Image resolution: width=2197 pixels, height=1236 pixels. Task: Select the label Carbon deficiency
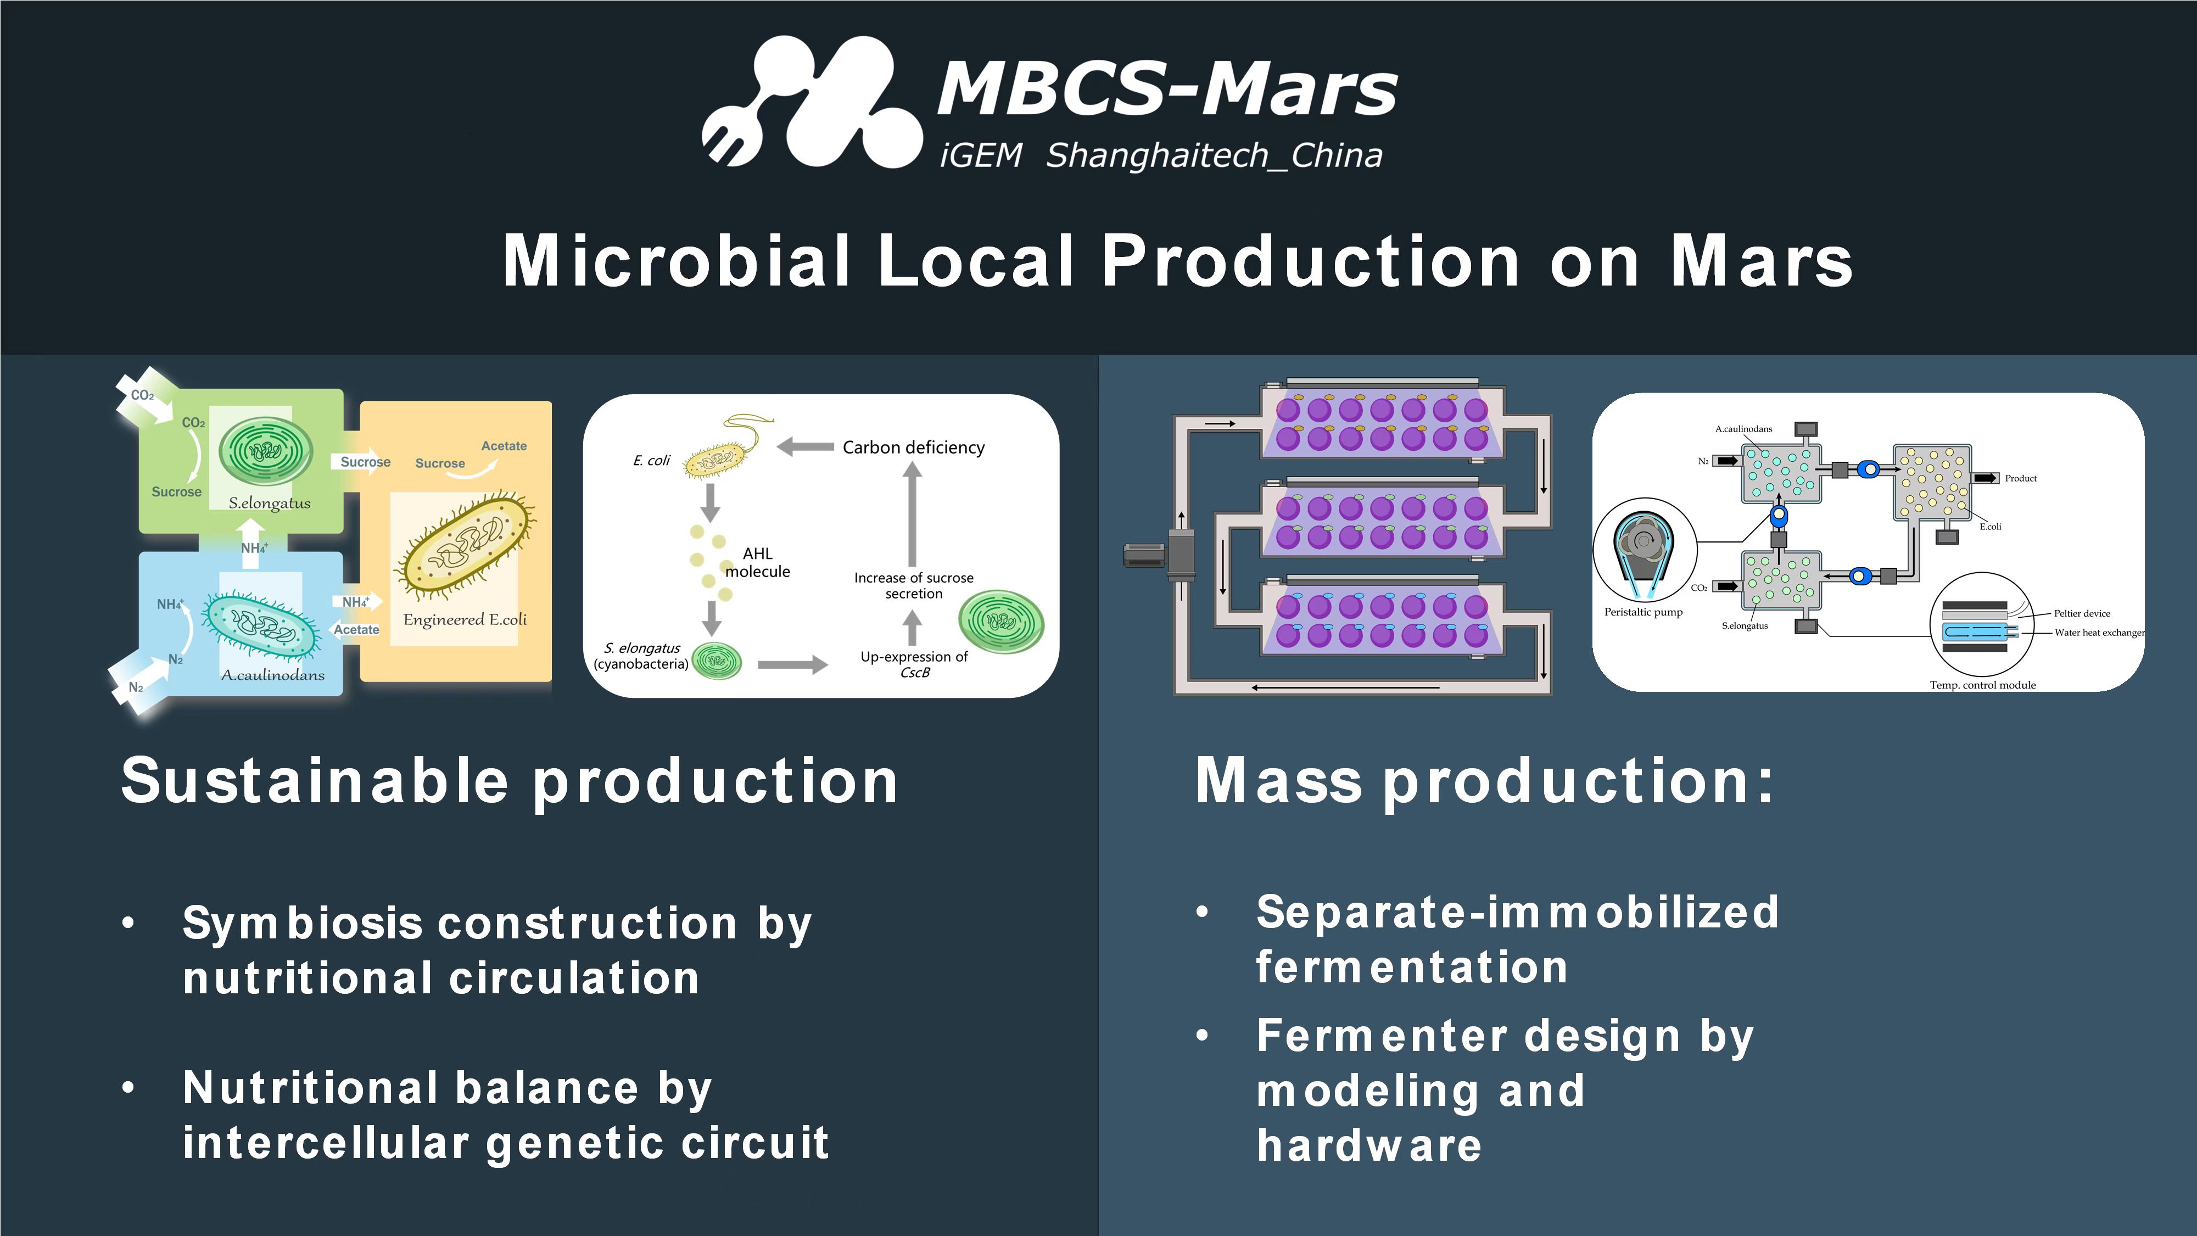tap(913, 447)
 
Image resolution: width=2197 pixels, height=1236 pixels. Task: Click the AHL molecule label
tap(757, 562)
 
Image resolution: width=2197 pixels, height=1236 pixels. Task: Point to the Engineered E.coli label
tap(465, 619)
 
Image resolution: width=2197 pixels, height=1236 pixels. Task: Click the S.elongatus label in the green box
tap(270, 504)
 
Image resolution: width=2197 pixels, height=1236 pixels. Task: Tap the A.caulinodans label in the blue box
tap(273, 675)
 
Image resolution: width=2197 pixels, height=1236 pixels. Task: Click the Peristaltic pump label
tap(1643, 612)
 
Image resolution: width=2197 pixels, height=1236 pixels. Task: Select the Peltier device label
tap(2082, 613)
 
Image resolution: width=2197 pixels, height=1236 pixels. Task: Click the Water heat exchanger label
tap(2099, 632)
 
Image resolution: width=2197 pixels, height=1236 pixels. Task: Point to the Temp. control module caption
tap(1983, 685)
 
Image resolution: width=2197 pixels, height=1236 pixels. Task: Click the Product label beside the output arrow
tap(2020, 479)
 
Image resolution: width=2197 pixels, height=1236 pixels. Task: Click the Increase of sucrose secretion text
tap(913, 585)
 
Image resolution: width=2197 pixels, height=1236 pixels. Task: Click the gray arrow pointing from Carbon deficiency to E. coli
tap(805, 446)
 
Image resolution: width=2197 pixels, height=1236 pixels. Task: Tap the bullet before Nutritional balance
tap(128, 1088)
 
